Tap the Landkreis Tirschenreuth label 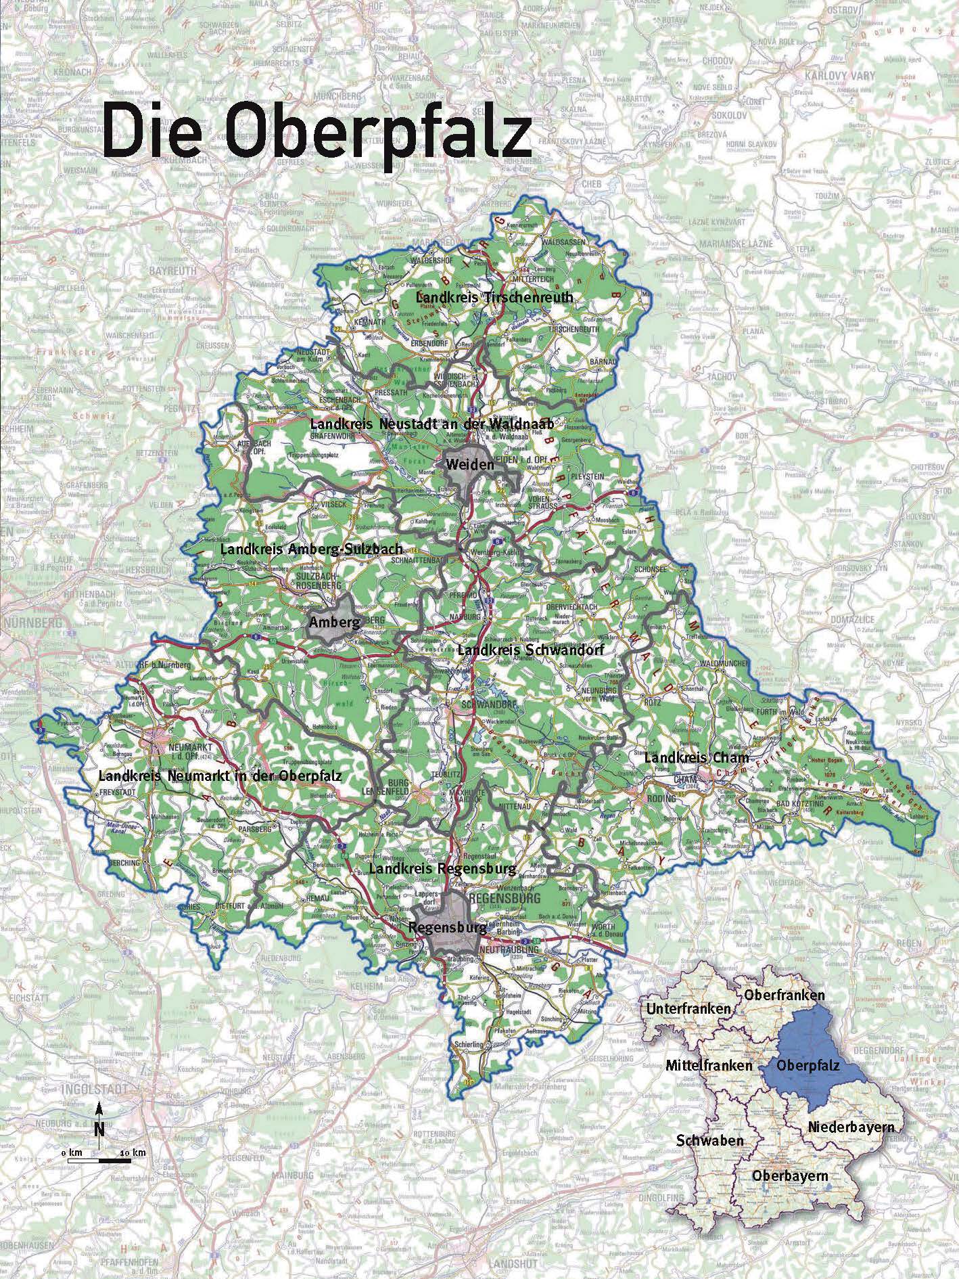point(494,297)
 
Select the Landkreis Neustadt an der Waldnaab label point(431,424)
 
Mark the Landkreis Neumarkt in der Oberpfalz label point(220,776)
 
